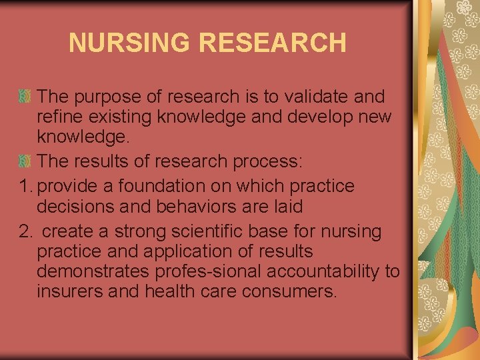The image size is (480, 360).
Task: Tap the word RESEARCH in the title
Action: coord(273,43)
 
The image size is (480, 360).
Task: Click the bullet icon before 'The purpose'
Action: coord(24,97)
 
